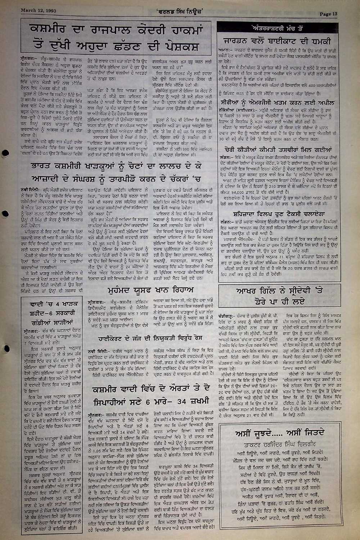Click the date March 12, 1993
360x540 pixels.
[x=38, y=10]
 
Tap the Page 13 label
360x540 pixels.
[x=329, y=14]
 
